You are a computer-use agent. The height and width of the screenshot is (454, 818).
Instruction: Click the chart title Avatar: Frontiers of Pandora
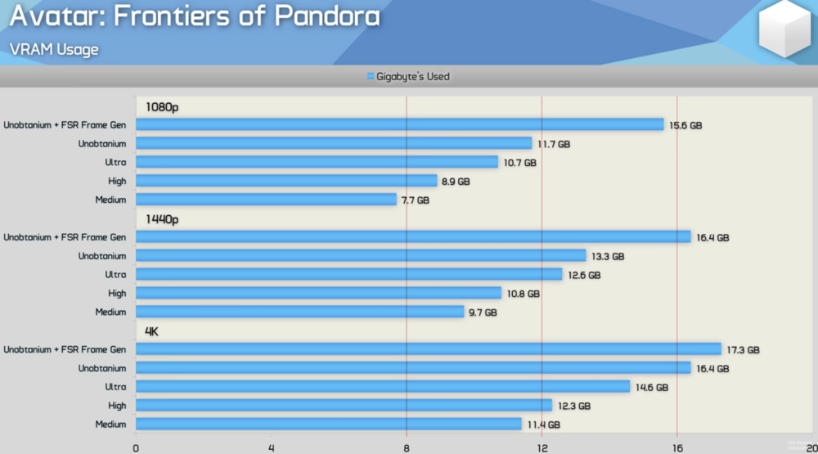pos(195,19)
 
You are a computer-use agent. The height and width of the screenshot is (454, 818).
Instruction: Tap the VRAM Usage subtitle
pos(54,50)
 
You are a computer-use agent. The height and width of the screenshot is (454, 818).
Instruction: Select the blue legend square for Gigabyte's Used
pos(370,77)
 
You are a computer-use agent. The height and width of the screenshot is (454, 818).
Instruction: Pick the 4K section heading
pos(152,331)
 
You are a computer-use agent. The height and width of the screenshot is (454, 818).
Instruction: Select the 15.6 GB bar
pos(399,124)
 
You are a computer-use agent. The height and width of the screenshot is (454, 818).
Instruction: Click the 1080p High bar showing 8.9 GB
pos(286,181)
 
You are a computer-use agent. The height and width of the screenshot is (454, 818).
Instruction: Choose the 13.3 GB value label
pos(607,256)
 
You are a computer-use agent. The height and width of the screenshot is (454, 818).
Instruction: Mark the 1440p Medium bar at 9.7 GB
pos(299,312)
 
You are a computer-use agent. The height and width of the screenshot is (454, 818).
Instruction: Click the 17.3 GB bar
pos(428,349)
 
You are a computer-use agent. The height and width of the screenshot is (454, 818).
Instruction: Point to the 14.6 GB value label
pos(651,387)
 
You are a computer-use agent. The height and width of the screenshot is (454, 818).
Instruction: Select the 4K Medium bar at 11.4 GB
pos(328,424)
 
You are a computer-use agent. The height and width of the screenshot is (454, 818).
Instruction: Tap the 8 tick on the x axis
pos(407,447)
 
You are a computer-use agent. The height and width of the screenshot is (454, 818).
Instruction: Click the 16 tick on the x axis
pos(676,447)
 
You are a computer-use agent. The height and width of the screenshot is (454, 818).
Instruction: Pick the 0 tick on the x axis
pos(136,447)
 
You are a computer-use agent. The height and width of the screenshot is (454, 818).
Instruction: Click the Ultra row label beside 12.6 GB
pos(115,275)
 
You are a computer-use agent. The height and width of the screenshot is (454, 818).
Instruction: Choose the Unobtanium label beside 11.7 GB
pos(102,143)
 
